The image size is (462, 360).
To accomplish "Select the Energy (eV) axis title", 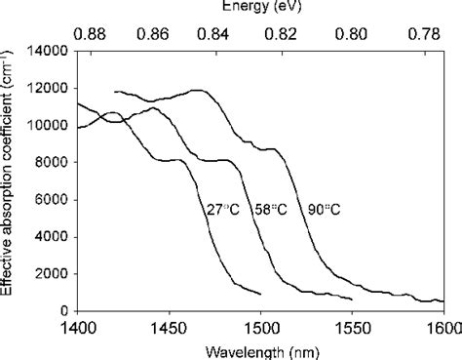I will coord(260,8).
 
